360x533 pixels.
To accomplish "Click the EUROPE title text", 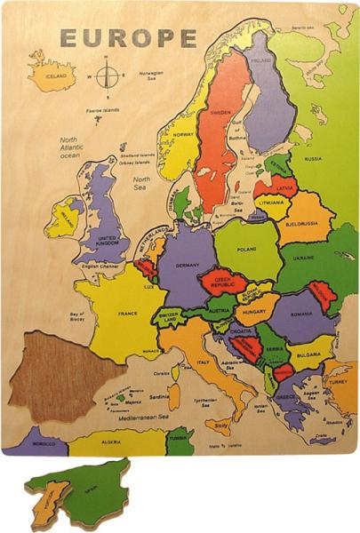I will point(128,38).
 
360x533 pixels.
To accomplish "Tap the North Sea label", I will point(141,183).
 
